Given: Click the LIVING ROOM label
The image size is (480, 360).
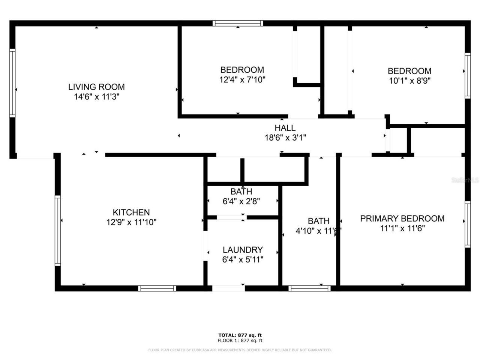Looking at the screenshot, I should [96, 87].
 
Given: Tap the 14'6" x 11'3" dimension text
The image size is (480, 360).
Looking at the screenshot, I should [96, 97].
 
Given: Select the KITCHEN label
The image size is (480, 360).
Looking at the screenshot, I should [131, 212].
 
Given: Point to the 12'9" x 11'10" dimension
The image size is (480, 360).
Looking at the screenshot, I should [131, 222].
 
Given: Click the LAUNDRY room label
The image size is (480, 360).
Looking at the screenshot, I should [243, 250].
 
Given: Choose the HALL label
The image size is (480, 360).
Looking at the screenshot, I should [285, 128].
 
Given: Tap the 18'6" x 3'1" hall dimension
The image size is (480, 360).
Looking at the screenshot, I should [285, 138].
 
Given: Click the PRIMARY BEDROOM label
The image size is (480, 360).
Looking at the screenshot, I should [402, 219].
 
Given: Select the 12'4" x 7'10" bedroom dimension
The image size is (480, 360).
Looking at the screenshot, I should [242, 79].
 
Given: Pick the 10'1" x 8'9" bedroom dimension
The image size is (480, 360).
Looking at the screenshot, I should [409, 81].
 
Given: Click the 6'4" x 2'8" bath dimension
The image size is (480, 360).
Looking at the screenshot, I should [241, 201].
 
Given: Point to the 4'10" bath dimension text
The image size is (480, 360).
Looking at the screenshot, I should [318, 231].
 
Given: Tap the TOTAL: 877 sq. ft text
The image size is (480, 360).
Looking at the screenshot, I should [240, 335].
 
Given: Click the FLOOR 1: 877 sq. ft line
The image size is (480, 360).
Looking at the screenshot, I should [240, 340].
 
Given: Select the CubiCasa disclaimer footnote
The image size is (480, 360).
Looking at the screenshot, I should [240, 350].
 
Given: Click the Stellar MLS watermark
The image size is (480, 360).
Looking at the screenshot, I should [465, 180].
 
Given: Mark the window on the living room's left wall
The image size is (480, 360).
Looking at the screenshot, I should [12, 83].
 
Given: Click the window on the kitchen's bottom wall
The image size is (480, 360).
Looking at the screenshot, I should [157, 288].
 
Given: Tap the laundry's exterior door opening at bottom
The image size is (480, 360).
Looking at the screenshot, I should [228, 288].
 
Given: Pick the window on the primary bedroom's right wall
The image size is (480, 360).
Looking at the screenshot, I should [468, 224].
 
